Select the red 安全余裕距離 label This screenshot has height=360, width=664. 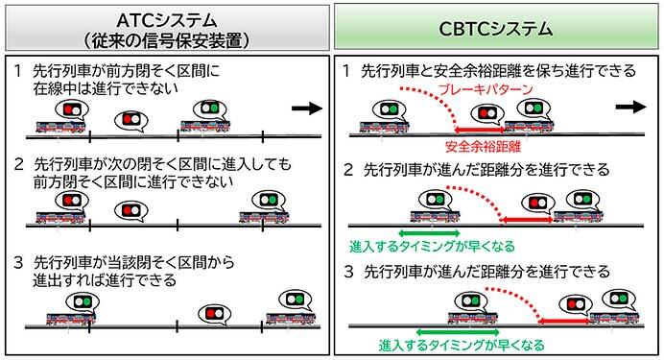click(480, 146)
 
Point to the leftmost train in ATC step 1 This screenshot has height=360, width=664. click(60, 127)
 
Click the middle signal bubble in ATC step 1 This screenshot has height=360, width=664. click(130, 120)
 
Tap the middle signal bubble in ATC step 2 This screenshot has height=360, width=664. click(130, 208)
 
